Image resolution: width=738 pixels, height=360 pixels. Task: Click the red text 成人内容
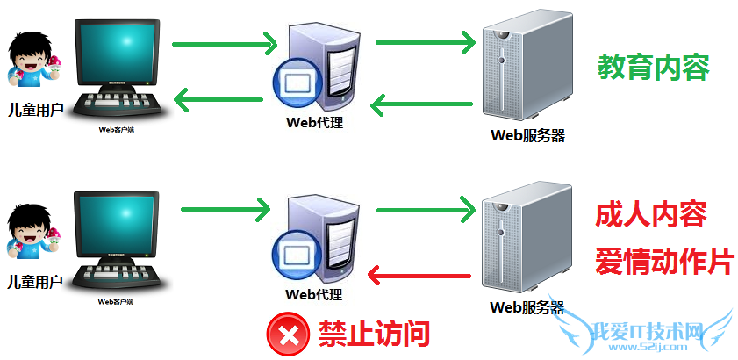pyautogui.click(x=650, y=213)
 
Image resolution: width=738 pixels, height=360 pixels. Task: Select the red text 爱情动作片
pyautogui.click(x=663, y=260)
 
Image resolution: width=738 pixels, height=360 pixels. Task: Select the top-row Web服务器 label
pyautogui.click(x=527, y=135)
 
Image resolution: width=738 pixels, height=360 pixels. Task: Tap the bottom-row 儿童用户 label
pyautogui.click(x=34, y=282)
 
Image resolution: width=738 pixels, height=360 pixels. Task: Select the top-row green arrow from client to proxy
pyautogui.click(x=224, y=42)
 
